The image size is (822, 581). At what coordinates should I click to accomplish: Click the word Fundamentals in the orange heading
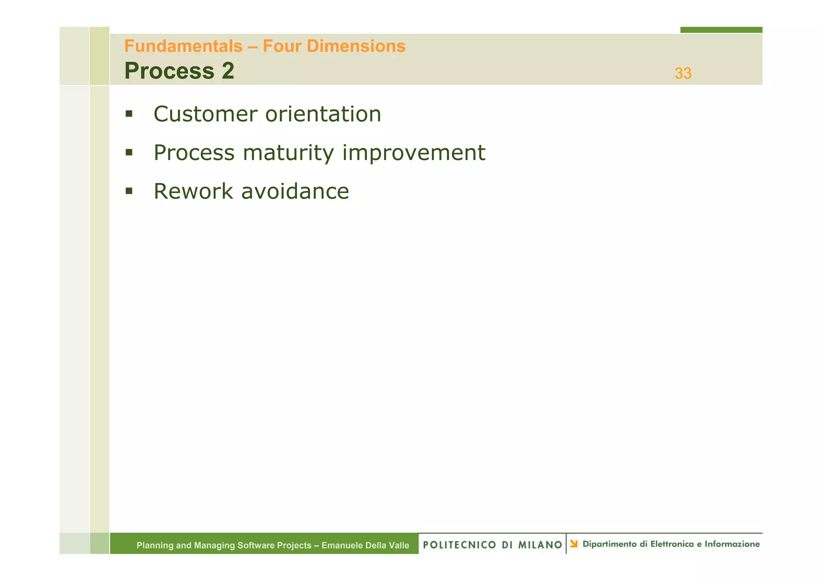coord(183,46)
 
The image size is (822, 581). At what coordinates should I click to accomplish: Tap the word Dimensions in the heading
coord(356,46)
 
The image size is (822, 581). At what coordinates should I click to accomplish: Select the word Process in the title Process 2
coord(169,71)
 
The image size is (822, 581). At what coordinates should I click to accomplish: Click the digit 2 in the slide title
coord(228,71)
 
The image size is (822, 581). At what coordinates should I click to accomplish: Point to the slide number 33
coord(683,73)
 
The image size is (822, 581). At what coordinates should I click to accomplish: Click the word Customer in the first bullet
coord(205,114)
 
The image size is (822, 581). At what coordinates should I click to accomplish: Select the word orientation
coord(323,114)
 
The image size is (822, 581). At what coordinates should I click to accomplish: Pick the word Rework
coord(193,191)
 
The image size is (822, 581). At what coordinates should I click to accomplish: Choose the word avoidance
coord(295,191)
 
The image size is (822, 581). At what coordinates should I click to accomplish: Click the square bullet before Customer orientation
coord(129,114)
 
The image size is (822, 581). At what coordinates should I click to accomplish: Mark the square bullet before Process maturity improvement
coord(129,152)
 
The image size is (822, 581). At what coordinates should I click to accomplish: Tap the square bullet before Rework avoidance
coord(129,191)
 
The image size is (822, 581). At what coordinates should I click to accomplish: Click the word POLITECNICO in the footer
coord(460,544)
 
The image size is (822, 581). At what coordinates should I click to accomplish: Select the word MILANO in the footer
coord(540,544)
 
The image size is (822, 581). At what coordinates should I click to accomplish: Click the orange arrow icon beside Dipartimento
coord(574,544)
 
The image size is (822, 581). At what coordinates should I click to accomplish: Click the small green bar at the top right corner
coord(721,30)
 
